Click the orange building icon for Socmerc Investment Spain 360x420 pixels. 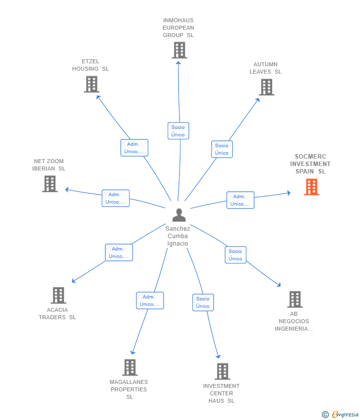312,187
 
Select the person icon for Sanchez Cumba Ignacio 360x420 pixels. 179,215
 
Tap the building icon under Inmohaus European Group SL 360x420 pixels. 179,50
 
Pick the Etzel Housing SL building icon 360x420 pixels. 91,84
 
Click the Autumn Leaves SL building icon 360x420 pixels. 266,87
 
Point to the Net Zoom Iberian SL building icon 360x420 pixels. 49,184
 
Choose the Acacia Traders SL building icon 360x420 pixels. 58,295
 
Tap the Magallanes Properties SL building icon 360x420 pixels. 130,367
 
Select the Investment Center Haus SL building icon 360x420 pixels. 222,371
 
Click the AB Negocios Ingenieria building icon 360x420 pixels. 295,299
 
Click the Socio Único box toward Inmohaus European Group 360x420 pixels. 178,131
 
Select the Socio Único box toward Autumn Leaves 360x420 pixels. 222,149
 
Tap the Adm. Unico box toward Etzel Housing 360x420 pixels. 134,148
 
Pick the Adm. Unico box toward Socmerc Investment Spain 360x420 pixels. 240,200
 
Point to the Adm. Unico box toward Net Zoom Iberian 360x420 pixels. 115,198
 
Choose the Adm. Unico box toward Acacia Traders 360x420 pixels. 119,252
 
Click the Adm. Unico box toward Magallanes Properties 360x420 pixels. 150,300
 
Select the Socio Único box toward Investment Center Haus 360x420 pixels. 203,302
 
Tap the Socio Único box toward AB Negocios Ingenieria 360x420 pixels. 235,255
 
